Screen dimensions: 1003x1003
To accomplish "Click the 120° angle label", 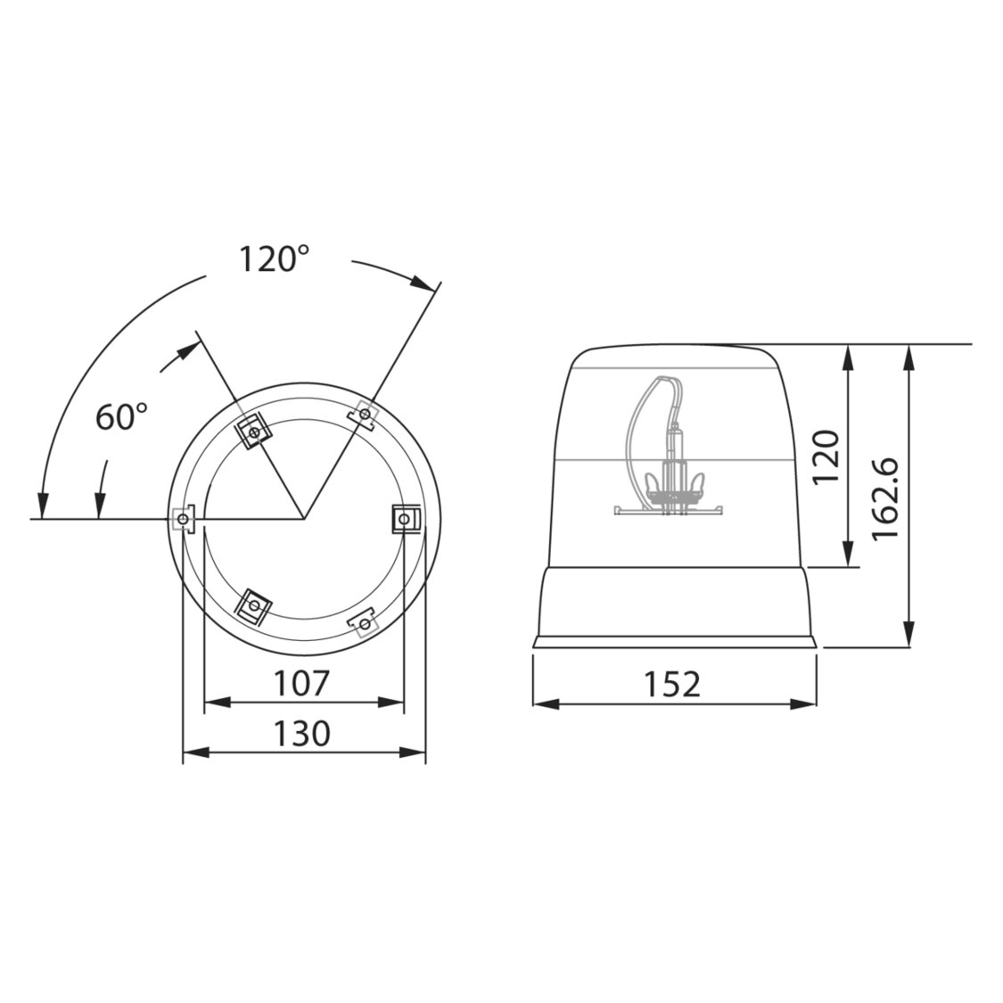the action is [x=275, y=259].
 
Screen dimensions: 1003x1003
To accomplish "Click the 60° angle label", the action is [x=121, y=417].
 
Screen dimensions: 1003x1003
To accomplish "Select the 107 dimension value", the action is [x=301, y=683].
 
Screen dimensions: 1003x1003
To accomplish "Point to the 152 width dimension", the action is [x=671, y=684].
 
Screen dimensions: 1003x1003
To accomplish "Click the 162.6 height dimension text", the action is [x=886, y=499].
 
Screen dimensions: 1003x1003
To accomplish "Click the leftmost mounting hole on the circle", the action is [x=183, y=519].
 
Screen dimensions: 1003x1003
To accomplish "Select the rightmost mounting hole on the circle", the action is [x=403, y=519].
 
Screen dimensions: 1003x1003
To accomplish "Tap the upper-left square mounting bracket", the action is [x=254, y=433].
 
